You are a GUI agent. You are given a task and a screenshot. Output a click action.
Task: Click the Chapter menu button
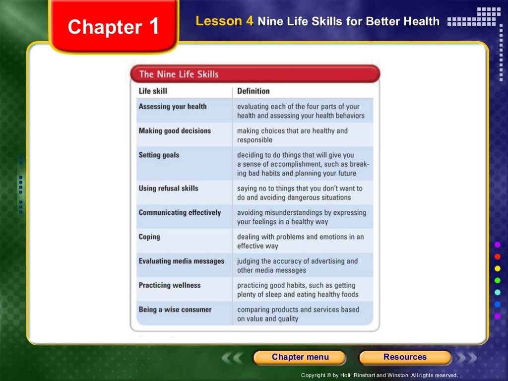[x=300, y=357]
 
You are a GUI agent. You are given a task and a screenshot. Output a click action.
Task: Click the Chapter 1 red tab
[x=114, y=26]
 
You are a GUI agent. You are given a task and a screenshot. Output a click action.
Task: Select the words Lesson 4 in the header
[x=225, y=21]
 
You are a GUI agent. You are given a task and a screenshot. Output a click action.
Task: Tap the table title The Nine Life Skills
[x=179, y=74]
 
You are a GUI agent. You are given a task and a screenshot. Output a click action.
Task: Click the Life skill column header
[x=153, y=91]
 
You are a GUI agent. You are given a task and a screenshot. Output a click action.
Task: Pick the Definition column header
[x=253, y=91]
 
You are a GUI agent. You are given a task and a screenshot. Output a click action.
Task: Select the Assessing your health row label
[x=173, y=107]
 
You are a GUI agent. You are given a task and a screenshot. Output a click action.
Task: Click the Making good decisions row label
[x=175, y=131]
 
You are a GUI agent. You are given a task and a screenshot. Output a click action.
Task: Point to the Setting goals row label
[x=159, y=155]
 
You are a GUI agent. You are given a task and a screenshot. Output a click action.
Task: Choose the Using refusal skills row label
[x=168, y=189]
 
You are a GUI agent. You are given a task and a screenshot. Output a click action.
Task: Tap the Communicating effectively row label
[x=180, y=213]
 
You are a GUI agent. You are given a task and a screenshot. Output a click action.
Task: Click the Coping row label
[x=149, y=237]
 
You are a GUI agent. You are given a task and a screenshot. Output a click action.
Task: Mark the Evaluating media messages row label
[x=181, y=261]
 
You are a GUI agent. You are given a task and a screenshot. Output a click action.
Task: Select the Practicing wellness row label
[x=170, y=286]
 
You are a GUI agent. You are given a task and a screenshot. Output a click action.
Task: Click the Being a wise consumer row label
[x=175, y=310]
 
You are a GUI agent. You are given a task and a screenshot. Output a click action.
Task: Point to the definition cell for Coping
[x=300, y=242]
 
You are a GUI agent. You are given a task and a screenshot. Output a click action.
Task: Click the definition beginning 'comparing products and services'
[x=298, y=314]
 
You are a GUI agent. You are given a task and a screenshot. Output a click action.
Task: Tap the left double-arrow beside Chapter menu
[x=233, y=358]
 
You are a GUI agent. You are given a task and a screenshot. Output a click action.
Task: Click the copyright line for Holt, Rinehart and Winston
[x=379, y=376]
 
